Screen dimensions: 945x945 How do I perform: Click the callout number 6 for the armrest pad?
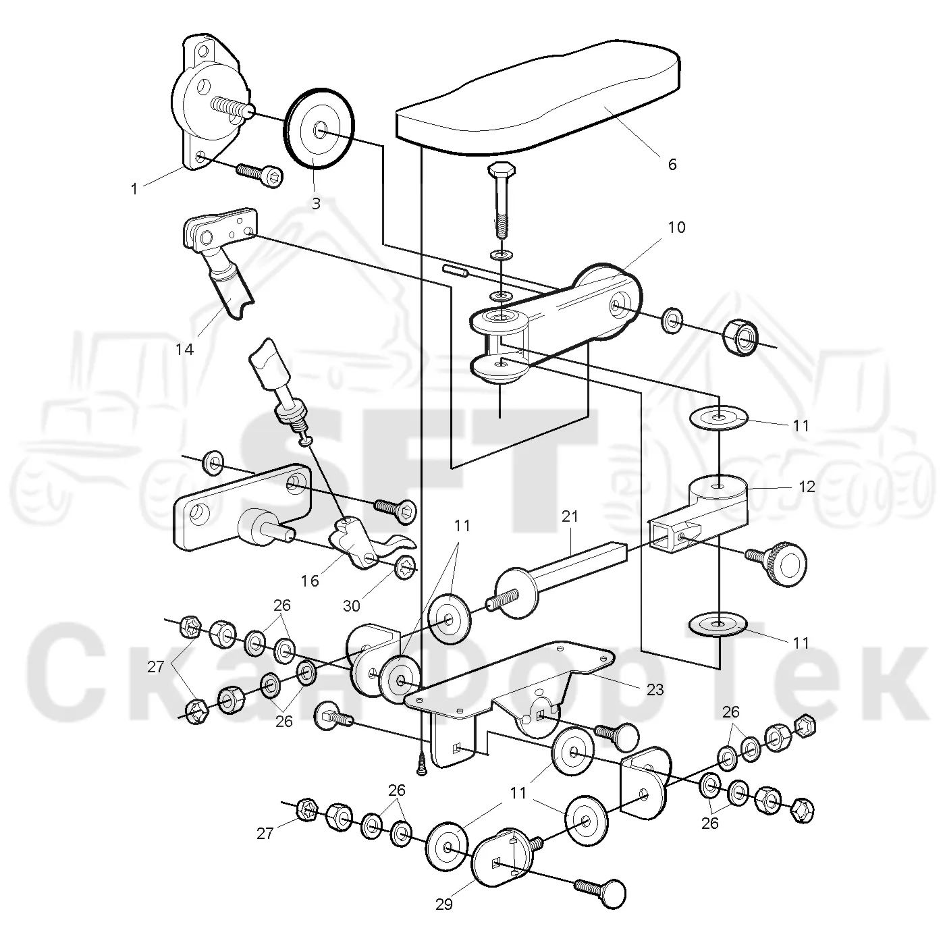pos(672,164)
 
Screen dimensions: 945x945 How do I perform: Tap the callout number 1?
pos(134,189)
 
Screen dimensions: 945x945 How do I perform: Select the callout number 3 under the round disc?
pos(317,203)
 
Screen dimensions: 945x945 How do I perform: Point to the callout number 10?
pos(677,227)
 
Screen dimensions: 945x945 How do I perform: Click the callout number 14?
pos(185,350)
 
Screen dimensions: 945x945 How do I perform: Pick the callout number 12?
pos(807,487)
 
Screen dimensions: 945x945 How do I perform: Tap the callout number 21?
pos(570,516)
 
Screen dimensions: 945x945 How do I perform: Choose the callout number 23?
pos(655,689)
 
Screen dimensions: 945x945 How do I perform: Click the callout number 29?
pos(443,905)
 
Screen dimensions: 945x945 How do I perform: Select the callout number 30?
pos(351,606)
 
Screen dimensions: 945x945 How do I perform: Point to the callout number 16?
pos(310,581)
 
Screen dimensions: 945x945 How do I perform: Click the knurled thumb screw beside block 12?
pos(777,564)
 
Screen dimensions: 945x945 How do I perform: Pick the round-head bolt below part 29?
pos(601,891)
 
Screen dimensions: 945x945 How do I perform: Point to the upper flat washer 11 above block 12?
pos(719,418)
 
